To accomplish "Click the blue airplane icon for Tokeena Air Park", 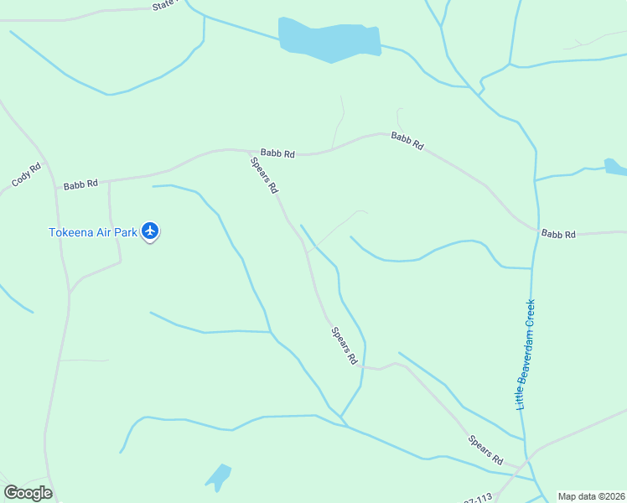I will click(150, 231).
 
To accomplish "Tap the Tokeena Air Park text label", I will click(92, 232).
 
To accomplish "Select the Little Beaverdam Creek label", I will click(526, 355).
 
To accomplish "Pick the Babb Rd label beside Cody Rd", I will click(80, 184).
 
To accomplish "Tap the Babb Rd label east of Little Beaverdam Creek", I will click(558, 234).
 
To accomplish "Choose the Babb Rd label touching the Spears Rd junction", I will click(277, 153).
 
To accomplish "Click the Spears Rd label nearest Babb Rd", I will click(264, 175).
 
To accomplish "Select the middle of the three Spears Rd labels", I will click(344, 345).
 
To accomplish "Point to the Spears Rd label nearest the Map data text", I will click(485, 450).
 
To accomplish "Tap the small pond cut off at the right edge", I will click(616, 167).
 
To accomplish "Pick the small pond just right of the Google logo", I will click(219, 476).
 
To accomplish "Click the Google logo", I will click(28, 493).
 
